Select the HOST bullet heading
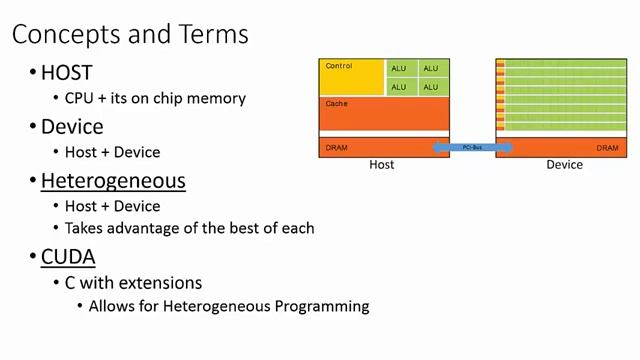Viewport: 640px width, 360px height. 66,72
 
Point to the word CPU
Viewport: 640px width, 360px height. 80,99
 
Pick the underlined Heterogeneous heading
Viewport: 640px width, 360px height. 113,181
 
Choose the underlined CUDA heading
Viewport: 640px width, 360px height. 68,257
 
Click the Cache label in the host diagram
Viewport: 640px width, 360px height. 336,103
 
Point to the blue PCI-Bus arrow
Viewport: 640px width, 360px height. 472,148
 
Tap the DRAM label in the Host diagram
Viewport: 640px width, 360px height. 337,148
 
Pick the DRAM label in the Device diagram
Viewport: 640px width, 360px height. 607,148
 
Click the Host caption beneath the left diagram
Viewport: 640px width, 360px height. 381,165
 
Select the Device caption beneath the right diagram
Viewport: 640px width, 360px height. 564,165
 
